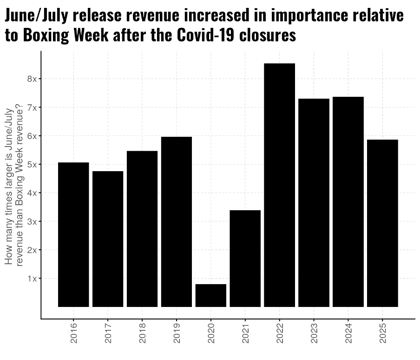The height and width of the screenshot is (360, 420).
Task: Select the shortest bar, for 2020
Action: coord(210,295)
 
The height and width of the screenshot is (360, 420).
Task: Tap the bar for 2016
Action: coord(73,234)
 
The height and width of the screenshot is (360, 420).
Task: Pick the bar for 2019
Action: coord(176,222)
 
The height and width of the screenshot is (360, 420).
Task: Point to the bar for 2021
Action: coord(245,259)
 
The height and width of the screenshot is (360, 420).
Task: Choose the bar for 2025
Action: coord(382,223)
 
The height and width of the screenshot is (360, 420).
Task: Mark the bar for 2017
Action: coord(108,239)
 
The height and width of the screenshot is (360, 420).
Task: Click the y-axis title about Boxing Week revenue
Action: coord(14,186)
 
